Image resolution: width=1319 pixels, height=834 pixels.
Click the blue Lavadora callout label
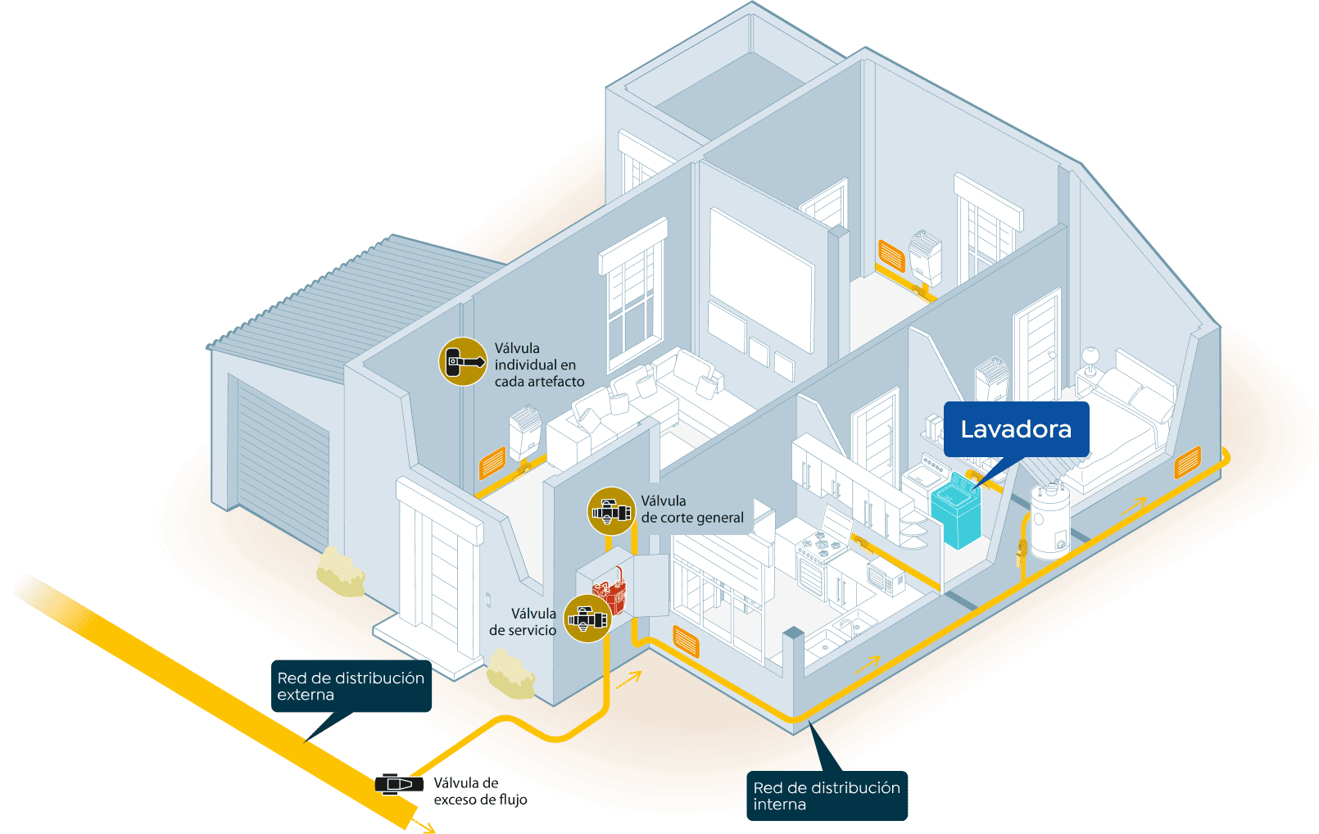point(1016,429)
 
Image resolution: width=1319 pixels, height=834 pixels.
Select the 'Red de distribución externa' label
point(351,686)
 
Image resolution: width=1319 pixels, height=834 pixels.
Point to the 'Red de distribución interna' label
point(826,795)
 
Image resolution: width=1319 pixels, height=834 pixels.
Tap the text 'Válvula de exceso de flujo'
point(480,791)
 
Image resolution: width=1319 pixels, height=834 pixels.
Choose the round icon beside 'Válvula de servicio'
point(587,619)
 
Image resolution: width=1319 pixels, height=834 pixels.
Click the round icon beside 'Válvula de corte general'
point(611,511)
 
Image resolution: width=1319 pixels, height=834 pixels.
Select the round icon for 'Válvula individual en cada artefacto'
point(463,361)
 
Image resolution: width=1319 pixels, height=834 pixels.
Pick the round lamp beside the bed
point(1090,358)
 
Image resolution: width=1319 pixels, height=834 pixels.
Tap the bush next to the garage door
point(341,571)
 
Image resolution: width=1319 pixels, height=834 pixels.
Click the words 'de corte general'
point(692,518)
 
